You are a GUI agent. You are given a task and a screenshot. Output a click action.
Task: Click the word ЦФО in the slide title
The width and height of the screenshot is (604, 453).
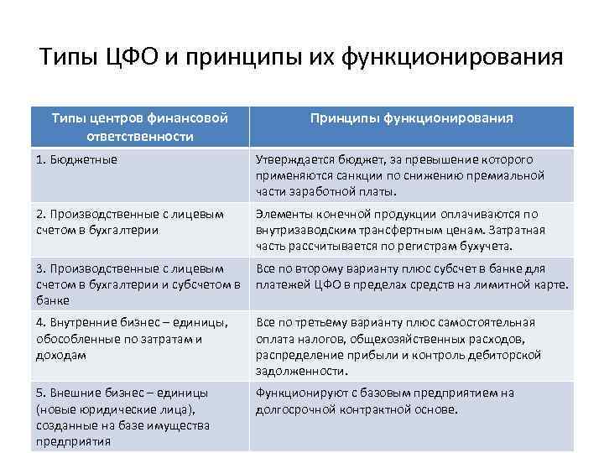[x=130, y=60]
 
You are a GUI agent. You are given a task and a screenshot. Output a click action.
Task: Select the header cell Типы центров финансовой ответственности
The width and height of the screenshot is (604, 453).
[x=139, y=127]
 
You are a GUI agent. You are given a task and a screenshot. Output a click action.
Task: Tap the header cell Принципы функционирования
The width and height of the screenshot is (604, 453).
[x=412, y=119]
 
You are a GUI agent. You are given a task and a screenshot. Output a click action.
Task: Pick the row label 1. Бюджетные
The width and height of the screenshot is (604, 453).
[x=76, y=159]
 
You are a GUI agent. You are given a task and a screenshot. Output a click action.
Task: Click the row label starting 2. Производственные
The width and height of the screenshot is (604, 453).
[x=130, y=221]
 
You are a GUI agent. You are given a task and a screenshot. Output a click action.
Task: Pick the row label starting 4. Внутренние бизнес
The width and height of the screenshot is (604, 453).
[x=130, y=338]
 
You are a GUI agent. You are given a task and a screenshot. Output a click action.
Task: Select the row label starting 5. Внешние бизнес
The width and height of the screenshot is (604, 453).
[x=122, y=416]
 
